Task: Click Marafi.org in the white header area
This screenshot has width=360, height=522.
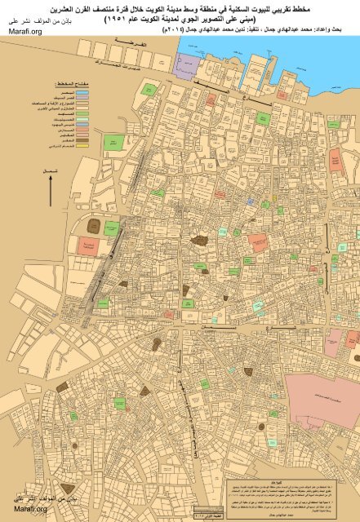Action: tap(24, 30)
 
